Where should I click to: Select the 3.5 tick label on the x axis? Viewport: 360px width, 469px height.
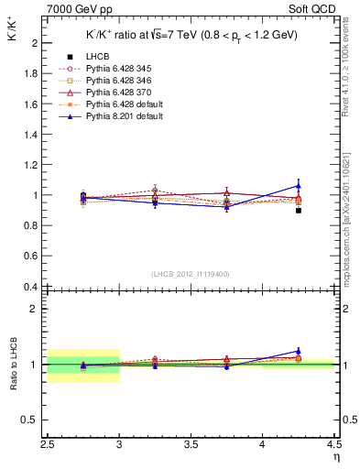click(191, 446)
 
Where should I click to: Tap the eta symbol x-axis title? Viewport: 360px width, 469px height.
click(336, 457)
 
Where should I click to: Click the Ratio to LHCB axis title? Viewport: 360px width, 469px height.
click(13, 365)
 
